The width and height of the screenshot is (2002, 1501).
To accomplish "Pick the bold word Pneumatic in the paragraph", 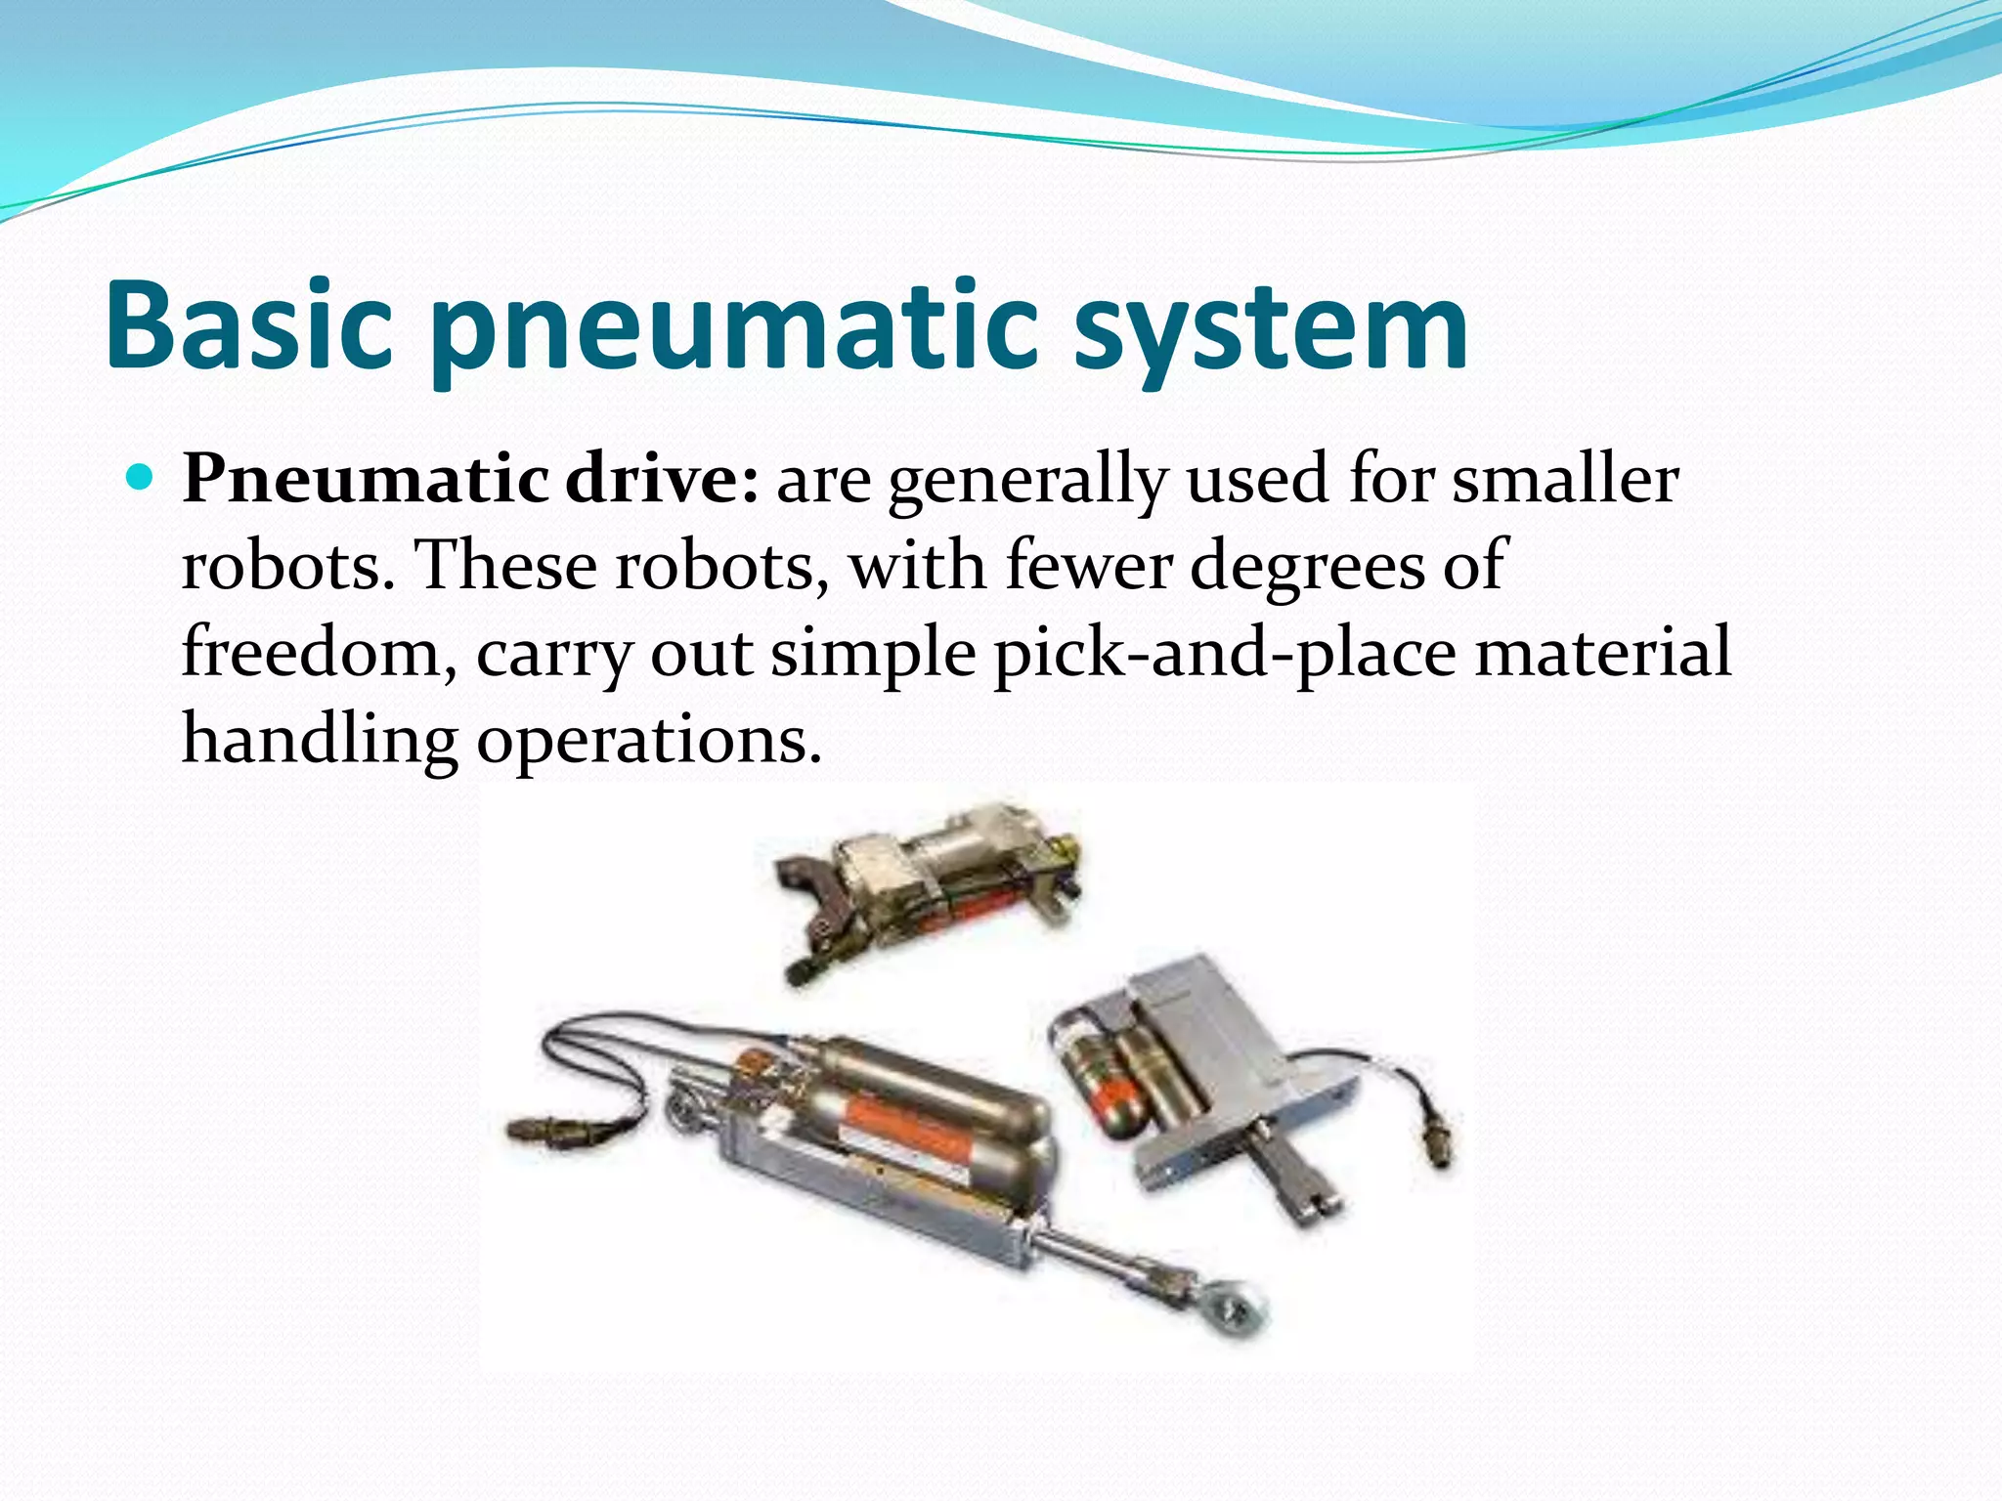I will coord(366,480).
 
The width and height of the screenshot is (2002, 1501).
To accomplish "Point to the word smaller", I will coord(1565,480).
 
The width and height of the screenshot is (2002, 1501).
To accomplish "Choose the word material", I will coord(1603,653).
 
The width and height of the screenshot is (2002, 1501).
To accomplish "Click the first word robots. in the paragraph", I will coord(289,566).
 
